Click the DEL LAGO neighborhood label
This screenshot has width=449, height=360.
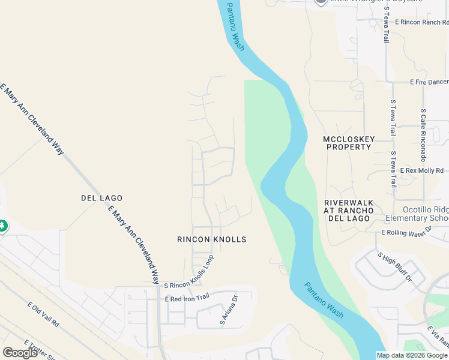[x=101, y=198]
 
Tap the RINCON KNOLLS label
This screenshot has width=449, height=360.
[x=211, y=239]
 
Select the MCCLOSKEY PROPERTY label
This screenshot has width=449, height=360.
[x=348, y=143]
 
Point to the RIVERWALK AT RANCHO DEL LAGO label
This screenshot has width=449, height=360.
[x=349, y=211]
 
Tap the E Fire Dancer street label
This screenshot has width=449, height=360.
[x=429, y=82]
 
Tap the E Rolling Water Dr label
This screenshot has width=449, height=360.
[x=406, y=232]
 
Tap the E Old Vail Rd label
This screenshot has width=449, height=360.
[x=43, y=314]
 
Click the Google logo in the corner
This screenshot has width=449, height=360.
[x=19, y=353]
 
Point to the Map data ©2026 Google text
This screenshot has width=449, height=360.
[x=412, y=355]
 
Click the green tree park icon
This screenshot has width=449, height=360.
[x=2, y=226]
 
